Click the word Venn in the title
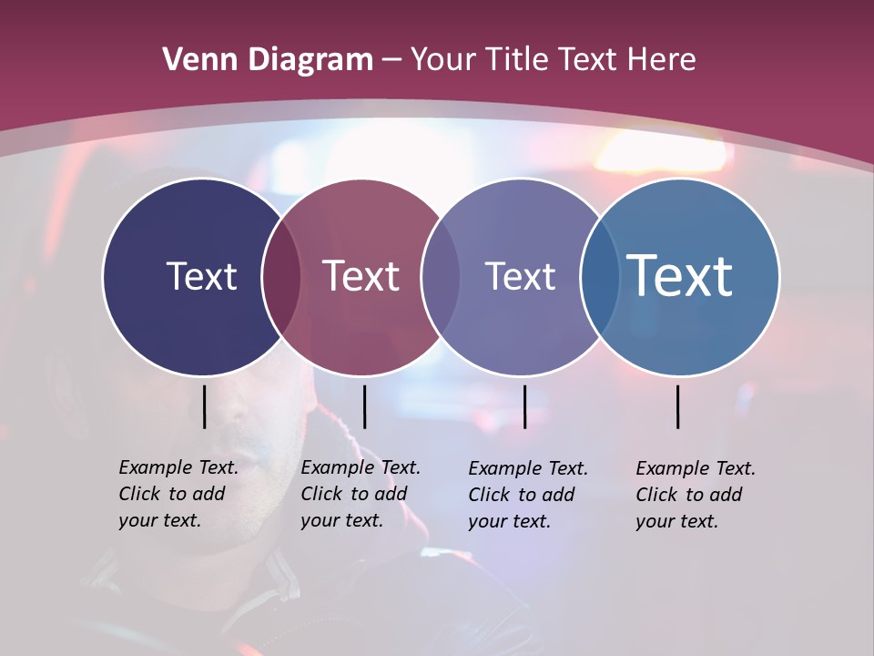coord(193,60)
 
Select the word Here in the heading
coord(663,60)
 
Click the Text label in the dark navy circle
coord(201,276)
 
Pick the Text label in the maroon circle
coord(361,276)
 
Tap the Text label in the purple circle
coord(520,276)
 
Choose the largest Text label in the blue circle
coord(680,276)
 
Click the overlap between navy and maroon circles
coord(281,276)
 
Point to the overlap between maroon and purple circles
coord(441,276)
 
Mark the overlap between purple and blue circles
coord(600,276)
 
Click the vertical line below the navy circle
coord(205,406)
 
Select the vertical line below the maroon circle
coord(364,406)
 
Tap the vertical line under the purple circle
coord(524,406)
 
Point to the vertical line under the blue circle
coord(678,406)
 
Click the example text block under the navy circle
coord(178,494)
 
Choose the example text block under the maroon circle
coord(361,494)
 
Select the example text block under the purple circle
coord(528,495)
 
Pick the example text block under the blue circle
coord(696,495)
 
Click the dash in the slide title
coord(391,60)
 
